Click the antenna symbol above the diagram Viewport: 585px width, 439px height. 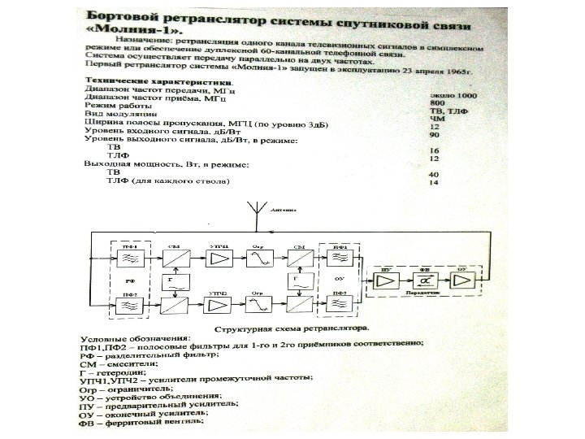pyautogui.click(x=257, y=213)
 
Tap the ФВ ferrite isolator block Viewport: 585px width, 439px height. pyautogui.click(x=424, y=280)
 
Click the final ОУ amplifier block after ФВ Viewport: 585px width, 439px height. pyautogui.click(x=461, y=280)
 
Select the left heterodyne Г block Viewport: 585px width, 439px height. pyautogui.click(x=171, y=283)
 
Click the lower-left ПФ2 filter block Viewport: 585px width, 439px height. pyautogui.click(x=128, y=306)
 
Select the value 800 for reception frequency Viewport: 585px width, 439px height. pyautogui.click(x=437, y=104)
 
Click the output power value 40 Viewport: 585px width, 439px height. pyautogui.click(x=434, y=175)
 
